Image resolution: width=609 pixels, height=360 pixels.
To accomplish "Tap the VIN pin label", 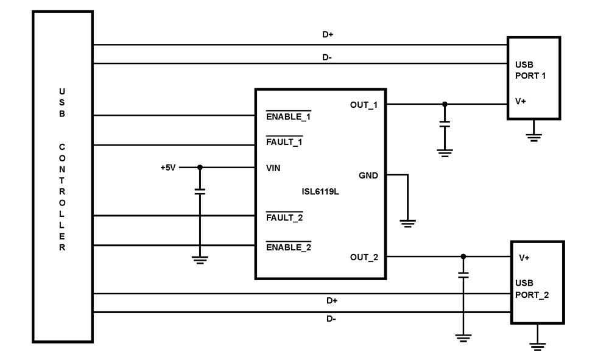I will (x=273, y=167).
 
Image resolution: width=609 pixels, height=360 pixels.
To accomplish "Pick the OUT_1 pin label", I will (x=364, y=104).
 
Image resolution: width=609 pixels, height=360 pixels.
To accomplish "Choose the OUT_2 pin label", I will (x=364, y=257).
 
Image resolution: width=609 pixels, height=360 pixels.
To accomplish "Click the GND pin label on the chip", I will (x=368, y=175).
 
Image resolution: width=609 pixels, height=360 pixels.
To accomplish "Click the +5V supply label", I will (x=167, y=167).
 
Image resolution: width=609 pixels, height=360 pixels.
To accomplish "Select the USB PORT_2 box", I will (x=537, y=281).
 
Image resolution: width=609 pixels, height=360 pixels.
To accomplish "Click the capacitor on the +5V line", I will (x=200, y=191).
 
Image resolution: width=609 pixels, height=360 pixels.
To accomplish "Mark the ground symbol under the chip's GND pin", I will (x=408, y=223).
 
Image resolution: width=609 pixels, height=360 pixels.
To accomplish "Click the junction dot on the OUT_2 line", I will (x=463, y=256).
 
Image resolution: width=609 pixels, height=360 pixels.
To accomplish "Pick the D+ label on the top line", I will (x=327, y=35).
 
